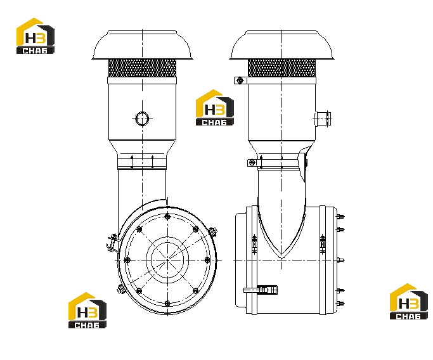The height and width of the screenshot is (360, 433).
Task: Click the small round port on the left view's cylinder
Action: pyautogui.click(x=142, y=119)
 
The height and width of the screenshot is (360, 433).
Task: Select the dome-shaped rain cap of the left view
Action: pyautogui.click(x=142, y=45)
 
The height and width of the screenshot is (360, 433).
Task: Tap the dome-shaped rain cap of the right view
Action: pyautogui.click(x=281, y=45)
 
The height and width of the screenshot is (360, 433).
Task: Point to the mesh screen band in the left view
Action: pyautogui.click(x=142, y=68)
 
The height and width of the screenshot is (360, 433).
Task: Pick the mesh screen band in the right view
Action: pyautogui.click(x=281, y=68)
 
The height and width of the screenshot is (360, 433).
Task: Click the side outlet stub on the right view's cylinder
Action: pyautogui.click(x=323, y=119)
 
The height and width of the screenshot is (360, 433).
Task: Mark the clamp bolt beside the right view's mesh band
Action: pyautogui.click(x=240, y=80)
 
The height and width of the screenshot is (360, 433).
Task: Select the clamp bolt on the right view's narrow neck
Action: pyautogui.click(x=252, y=163)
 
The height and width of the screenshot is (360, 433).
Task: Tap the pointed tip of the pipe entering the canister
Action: pyautogui.click(x=281, y=257)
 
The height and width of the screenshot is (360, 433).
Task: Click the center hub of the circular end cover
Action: pyautogui.click(x=167, y=260)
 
